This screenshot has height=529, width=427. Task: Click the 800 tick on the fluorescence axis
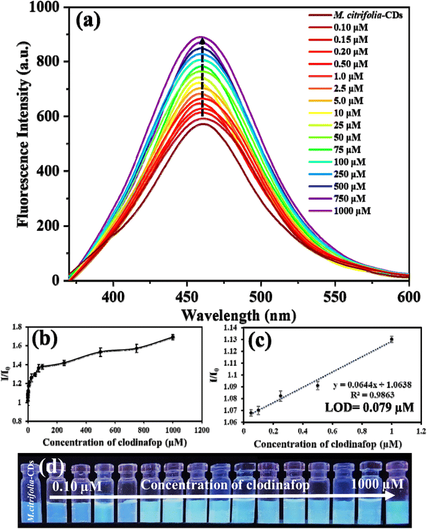pyautogui.click(x=55, y=62)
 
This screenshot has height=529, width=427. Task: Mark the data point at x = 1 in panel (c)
pyautogui.click(x=392, y=339)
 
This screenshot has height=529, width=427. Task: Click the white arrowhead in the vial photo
pyautogui.click(x=391, y=495)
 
